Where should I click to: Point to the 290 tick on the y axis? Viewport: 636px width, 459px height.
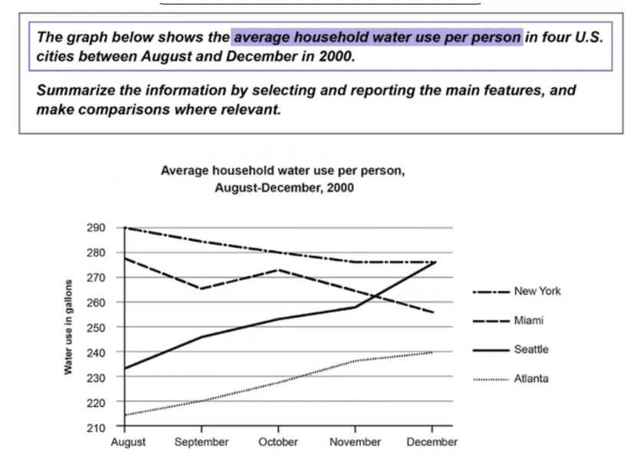[95, 228]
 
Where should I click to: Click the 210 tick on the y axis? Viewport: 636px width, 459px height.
[95, 427]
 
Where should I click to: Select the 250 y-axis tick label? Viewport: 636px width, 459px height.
[95, 327]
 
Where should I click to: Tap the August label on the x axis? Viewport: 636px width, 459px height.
[127, 442]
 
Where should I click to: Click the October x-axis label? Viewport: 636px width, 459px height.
[278, 442]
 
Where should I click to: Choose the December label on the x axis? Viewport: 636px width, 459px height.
[433, 442]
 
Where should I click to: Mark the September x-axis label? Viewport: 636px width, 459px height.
[201, 442]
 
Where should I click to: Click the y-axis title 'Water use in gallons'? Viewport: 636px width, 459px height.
[68, 326]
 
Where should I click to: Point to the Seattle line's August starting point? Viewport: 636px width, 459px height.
[124, 369]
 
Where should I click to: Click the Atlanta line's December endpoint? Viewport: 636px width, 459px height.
[433, 352]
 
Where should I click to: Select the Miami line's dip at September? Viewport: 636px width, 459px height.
[201, 289]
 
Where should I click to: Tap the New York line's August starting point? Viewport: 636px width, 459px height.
[124, 228]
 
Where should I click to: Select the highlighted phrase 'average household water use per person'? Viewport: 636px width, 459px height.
[377, 37]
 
